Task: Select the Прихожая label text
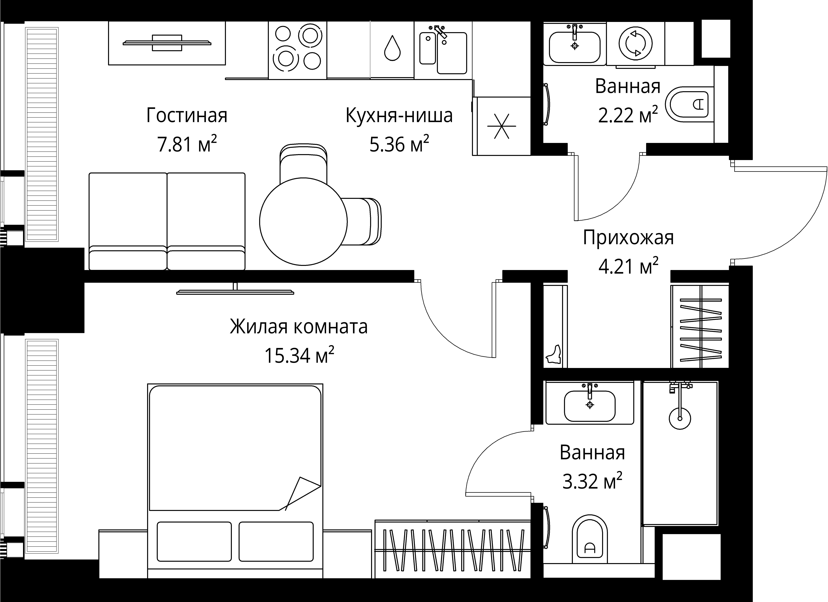(x=628, y=238)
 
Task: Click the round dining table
(x=303, y=222)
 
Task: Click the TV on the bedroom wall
(x=235, y=291)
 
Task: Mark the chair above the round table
(x=303, y=161)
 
